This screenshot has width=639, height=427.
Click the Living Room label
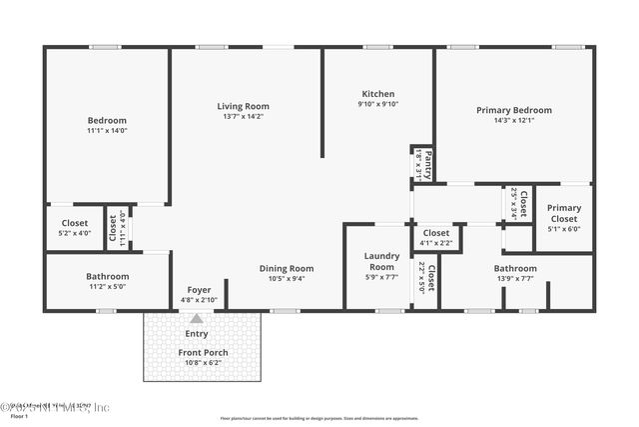click(244, 106)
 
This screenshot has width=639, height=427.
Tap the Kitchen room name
click(377, 93)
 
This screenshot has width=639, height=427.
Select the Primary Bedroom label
click(513, 110)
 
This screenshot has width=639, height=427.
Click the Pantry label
click(427, 163)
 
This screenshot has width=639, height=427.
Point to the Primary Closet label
click(564, 213)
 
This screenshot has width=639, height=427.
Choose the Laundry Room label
click(381, 261)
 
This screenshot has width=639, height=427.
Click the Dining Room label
click(287, 268)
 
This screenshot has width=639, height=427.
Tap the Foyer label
click(199, 289)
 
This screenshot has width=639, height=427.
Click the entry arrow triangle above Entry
click(197, 318)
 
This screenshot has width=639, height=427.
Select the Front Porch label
click(204, 352)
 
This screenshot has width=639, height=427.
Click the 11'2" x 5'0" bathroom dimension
click(107, 287)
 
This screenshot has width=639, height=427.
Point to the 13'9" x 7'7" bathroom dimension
click(514, 279)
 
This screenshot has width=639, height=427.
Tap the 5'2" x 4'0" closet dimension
click(75, 233)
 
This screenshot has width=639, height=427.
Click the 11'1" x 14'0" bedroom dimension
click(107, 130)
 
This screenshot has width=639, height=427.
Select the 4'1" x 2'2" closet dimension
click(436, 242)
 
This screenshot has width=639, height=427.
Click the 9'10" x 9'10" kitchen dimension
click(377, 104)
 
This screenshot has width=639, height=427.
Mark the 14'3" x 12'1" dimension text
click(513, 121)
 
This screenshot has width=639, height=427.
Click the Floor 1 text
click(19, 416)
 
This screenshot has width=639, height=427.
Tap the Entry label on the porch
click(197, 334)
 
